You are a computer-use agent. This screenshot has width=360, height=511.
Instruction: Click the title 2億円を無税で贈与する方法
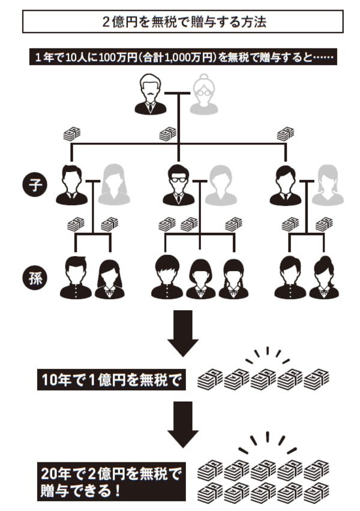(x=182, y=22)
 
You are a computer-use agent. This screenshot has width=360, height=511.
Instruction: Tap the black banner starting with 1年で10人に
(x=181, y=58)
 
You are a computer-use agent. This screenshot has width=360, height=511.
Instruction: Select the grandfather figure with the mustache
(x=150, y=95)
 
